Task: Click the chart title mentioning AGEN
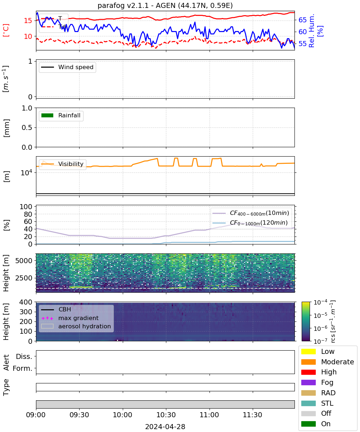pos(165,5)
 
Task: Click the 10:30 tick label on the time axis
pos(166,415)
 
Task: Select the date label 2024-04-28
pos(165,426)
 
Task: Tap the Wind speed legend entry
pos(67,67)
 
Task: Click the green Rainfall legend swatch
pos(48,115)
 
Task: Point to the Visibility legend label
pos(71,164)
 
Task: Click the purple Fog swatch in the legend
pos(308,382)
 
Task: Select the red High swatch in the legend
pos(308,372)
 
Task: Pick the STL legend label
pos(327,403)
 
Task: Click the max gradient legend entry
pos(70,318)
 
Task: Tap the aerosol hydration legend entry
pos(76,326)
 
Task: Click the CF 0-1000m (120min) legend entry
pos(250,223)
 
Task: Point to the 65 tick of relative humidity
pos(302,20)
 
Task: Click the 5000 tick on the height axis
pos(24,261)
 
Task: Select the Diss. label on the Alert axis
pos(24,356)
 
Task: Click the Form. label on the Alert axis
pos(23,368)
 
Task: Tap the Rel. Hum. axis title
pos(311,31)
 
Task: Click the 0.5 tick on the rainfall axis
pos(27,127)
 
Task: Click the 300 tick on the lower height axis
pos(26,312)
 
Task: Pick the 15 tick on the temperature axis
pos(28,21)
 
